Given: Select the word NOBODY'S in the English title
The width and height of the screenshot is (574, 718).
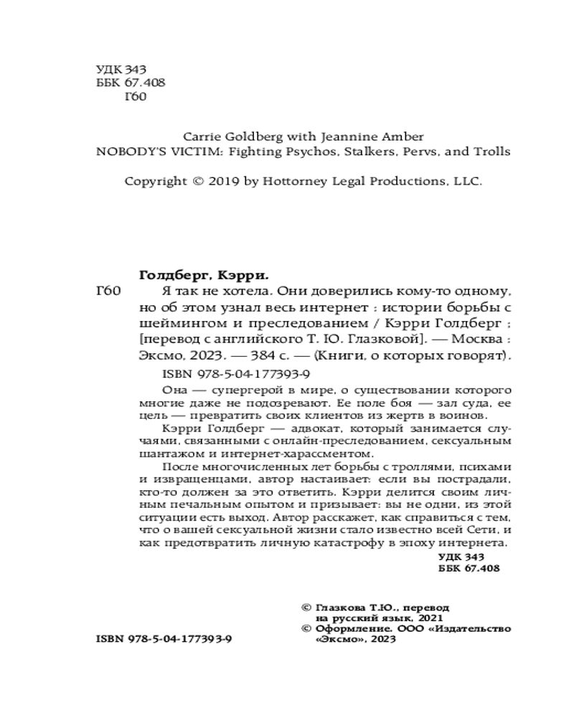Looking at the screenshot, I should click(x=125, y=151).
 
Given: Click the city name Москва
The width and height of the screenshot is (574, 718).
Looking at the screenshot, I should click(x=479, y=338).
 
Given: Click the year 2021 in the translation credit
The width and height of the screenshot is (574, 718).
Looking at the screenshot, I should click(x=430, y=617).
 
